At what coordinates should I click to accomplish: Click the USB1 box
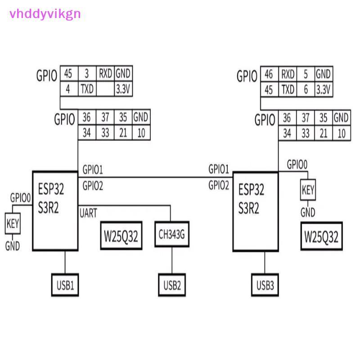(65, 285)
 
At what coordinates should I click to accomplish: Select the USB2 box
(172, 285)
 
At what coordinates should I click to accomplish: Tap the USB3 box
(265, 285)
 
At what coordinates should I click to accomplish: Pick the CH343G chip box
(172, 234)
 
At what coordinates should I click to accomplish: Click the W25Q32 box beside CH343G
(121, 235)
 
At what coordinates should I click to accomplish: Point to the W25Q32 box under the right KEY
(321, 236)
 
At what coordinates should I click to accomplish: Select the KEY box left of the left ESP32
(13, 223)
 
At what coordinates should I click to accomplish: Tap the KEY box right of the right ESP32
(308, 189)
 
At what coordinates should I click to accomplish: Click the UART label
(88, 213)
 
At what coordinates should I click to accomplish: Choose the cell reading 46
(269, 74)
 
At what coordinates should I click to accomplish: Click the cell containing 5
(306, 74)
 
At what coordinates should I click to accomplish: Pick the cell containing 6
(306, 89)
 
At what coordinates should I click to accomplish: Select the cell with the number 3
(87, 73)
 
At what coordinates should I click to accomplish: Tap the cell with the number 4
(69, 89)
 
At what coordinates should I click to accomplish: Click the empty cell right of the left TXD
(105, 89)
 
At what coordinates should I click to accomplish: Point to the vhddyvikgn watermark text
(45, 14)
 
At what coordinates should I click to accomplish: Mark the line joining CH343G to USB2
(172, 260)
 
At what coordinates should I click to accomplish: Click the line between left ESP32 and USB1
(65, 262)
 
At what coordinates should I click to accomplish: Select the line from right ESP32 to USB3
(265, 262)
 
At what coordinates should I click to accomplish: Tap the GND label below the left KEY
(13, 246)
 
